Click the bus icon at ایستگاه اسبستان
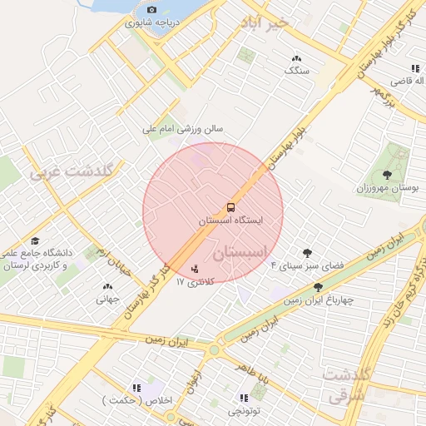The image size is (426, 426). tap(230, 206)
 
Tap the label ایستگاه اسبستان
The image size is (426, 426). tap(232, 222)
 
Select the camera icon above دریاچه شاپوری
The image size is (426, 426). tap(151, 9)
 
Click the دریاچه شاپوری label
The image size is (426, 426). tap(151, 22)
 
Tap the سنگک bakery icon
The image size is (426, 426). tap(296, 58)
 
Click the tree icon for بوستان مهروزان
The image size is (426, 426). tap(387, 174)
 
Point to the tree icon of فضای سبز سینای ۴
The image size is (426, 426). tap(307, 252)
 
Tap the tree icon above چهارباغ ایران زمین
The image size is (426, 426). tap(318, 287)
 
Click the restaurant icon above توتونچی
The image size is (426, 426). tap(243, 398)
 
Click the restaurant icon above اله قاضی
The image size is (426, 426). tap(414, 68)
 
